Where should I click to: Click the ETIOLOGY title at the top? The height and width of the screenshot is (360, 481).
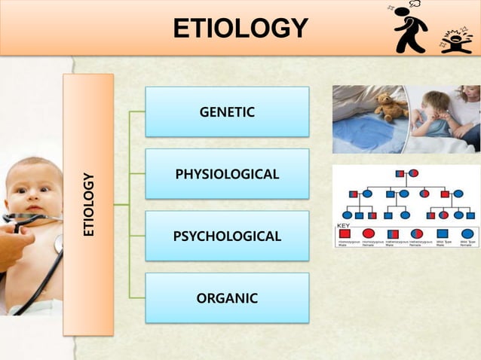point(240,28)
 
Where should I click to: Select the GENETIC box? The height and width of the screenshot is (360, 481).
point(227,112)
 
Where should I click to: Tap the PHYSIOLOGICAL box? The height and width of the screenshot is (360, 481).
point(227,174)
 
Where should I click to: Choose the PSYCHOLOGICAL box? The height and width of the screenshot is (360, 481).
point(227,236)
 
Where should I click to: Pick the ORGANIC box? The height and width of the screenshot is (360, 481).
point(227,298)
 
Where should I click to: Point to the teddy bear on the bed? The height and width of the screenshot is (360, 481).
point(391,107)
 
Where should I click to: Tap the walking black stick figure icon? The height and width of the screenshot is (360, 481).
point(410,29)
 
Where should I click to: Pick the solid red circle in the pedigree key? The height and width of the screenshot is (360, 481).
point(368,233)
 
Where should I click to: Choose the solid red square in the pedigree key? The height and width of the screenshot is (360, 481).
point(345,233)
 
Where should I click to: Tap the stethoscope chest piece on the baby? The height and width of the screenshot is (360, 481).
point(58,243)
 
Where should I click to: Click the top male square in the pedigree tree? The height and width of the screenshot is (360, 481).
point(400,173)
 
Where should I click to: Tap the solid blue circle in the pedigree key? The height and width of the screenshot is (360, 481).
point(467,233)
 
